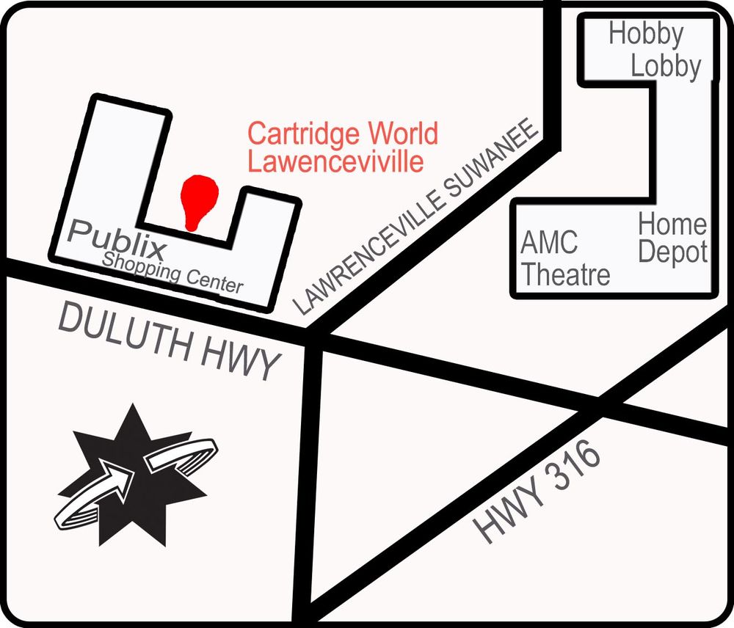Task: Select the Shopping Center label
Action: [173, 271]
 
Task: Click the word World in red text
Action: [403, 134]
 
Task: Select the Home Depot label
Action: [672, 238]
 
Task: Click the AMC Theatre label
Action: [564, 259]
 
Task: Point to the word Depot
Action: [672, 252]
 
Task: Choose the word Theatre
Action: [565, 274]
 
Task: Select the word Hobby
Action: [646, 34]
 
